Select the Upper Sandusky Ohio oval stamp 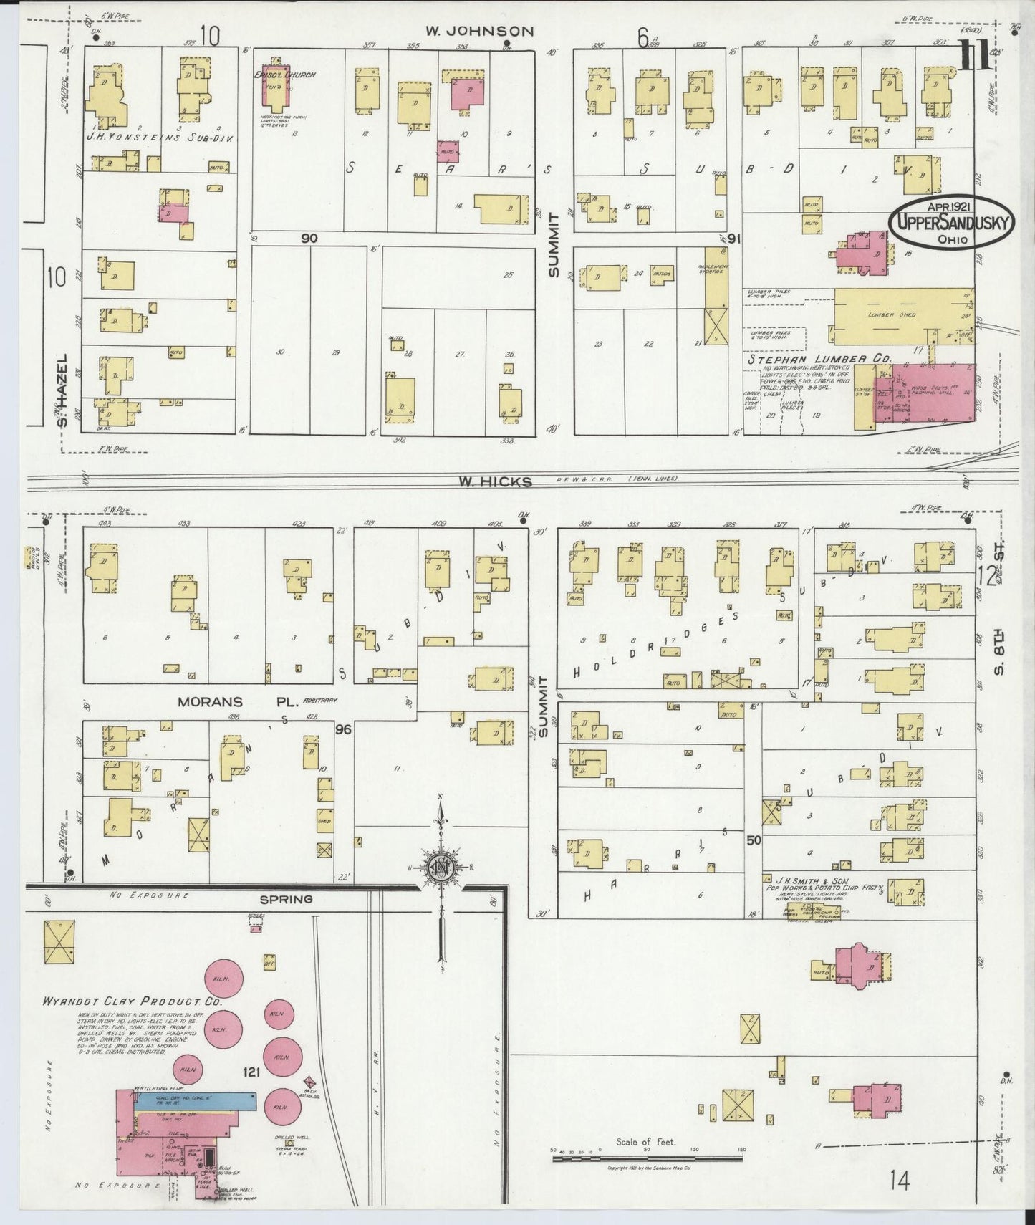tap(951, 222)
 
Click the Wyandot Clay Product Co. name tap(134, 1001)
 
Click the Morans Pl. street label tap(231, 702)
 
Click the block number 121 tap(251, 1072)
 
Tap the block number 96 tap(344, 729)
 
